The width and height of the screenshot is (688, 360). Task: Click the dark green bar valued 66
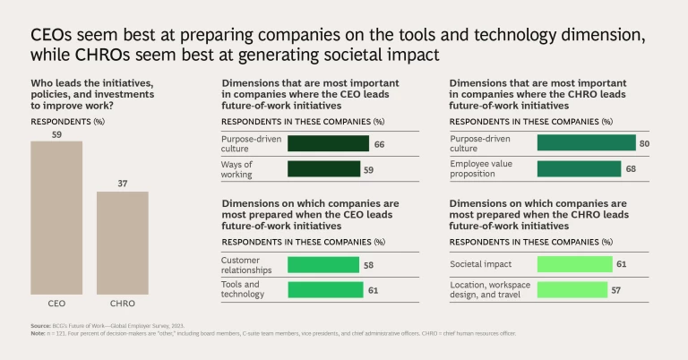(328, 143)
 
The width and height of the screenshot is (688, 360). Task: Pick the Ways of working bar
(323, 168)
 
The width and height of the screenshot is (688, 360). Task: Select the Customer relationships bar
(322, 264)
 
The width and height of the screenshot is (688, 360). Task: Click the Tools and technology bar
(325, 289)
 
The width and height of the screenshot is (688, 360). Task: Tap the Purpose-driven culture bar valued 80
(586, 143)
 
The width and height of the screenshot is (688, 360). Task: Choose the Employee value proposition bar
(579, 168)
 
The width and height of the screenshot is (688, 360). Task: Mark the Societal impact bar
(574, 264)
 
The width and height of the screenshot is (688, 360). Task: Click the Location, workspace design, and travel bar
(572, 289)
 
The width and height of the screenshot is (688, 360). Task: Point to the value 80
(642, 143)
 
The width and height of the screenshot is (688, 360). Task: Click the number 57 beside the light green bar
(615, 289)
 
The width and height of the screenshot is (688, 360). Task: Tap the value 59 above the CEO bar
(56, 134)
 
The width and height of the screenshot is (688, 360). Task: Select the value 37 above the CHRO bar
(122, 184)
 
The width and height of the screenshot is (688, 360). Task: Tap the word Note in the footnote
(38, 333)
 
